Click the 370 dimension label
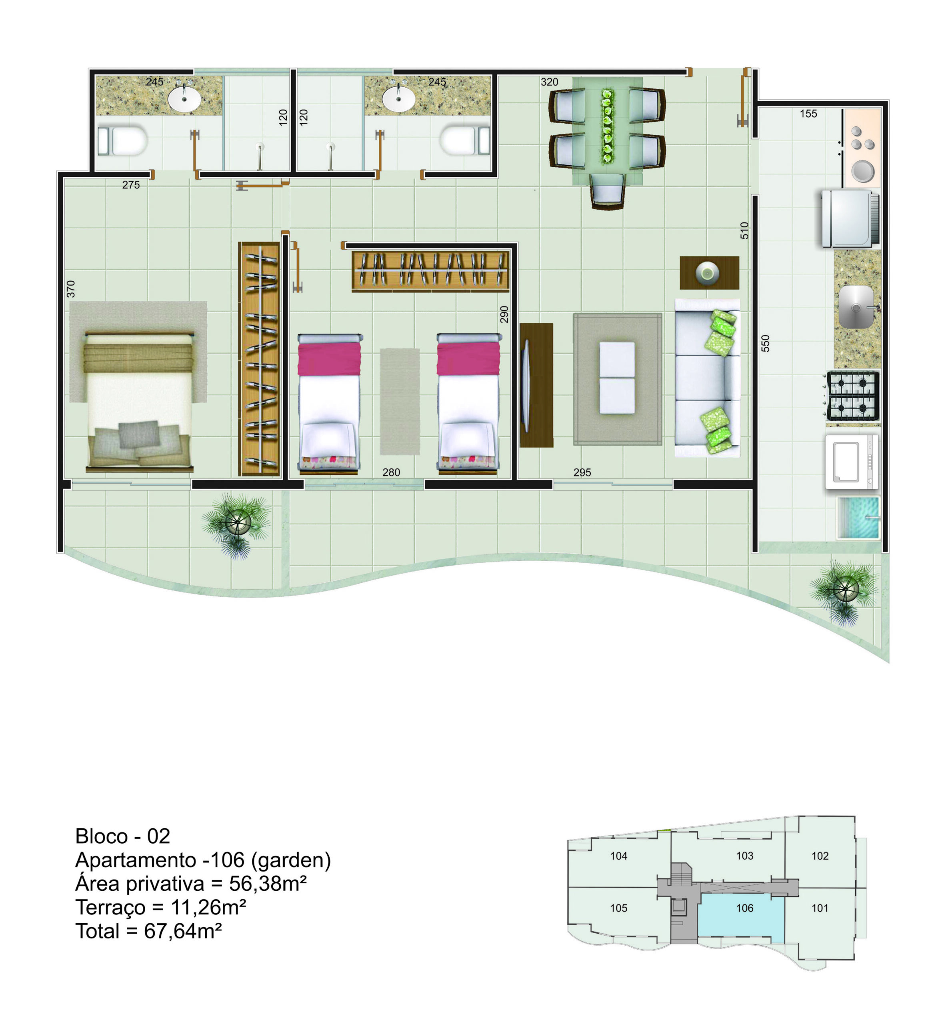71,289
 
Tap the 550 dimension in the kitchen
765,343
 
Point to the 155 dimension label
808,114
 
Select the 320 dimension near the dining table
549,82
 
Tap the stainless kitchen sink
858,307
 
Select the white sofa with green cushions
707,378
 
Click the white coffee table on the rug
617,377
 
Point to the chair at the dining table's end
608,191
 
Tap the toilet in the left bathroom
122,141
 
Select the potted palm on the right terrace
844,590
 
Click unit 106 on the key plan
744,908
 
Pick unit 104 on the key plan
618,856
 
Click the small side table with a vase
709,273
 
